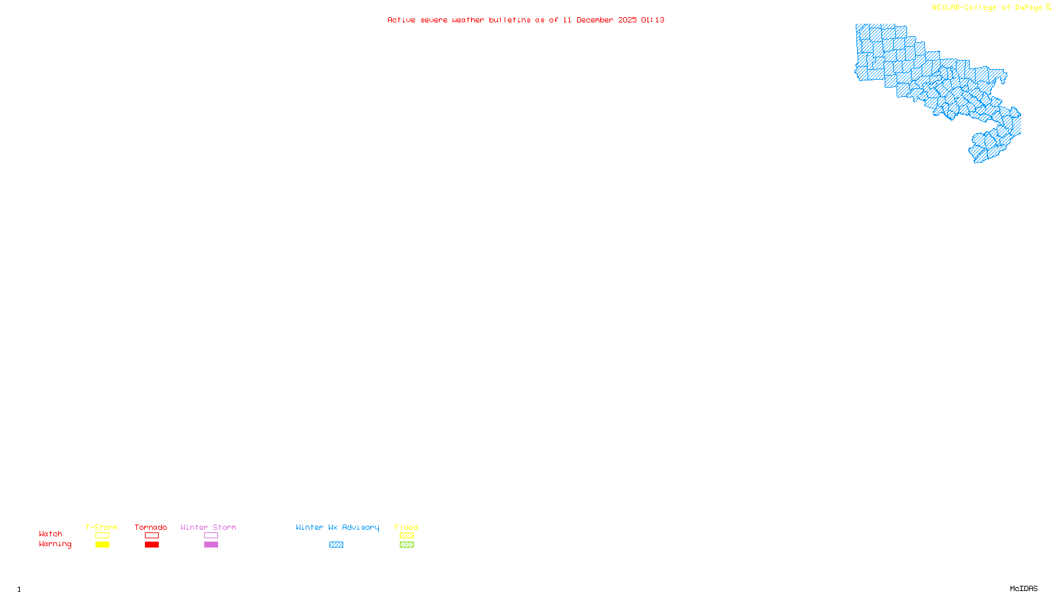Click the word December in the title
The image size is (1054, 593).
point(595,20)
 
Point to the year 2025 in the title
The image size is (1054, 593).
point(627,20)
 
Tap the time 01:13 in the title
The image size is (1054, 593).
point(653,20)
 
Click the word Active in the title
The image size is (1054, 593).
point(401,20)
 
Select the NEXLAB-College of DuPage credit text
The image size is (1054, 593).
point(987,7)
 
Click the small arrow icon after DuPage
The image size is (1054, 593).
point(1048,7)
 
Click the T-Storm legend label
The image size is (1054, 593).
point(101,527)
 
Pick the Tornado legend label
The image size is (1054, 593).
point(151,527)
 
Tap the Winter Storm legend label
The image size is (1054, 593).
point(208,527)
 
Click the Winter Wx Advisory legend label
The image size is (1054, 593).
point(337,527)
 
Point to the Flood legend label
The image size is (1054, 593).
point(406,527)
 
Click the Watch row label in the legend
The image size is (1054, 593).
point(51,534)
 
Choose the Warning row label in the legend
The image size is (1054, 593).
point(55,544)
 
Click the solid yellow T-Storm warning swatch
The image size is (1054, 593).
point(102,545)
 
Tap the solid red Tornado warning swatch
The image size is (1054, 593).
point(152,545)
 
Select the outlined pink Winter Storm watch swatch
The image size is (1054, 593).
point(211,536)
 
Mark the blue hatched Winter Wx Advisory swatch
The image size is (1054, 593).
point(336,545)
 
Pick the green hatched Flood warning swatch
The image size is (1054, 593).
point(406,545)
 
